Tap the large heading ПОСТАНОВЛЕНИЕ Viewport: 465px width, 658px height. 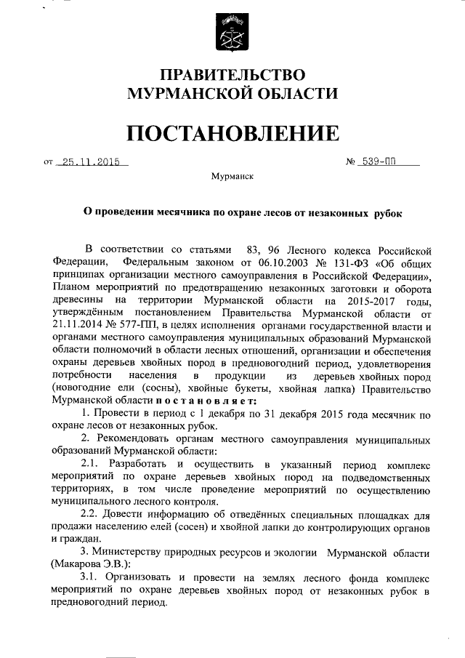coord(232,133)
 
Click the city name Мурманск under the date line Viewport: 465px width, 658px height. coord(232,177)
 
